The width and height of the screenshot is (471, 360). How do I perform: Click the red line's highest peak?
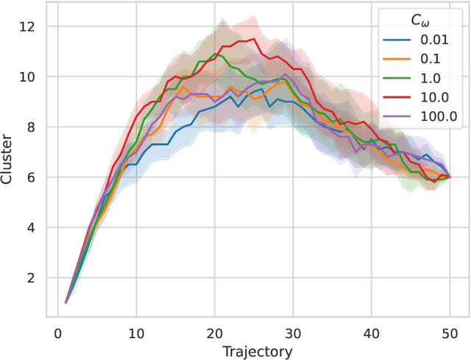(x=254, y=39)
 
